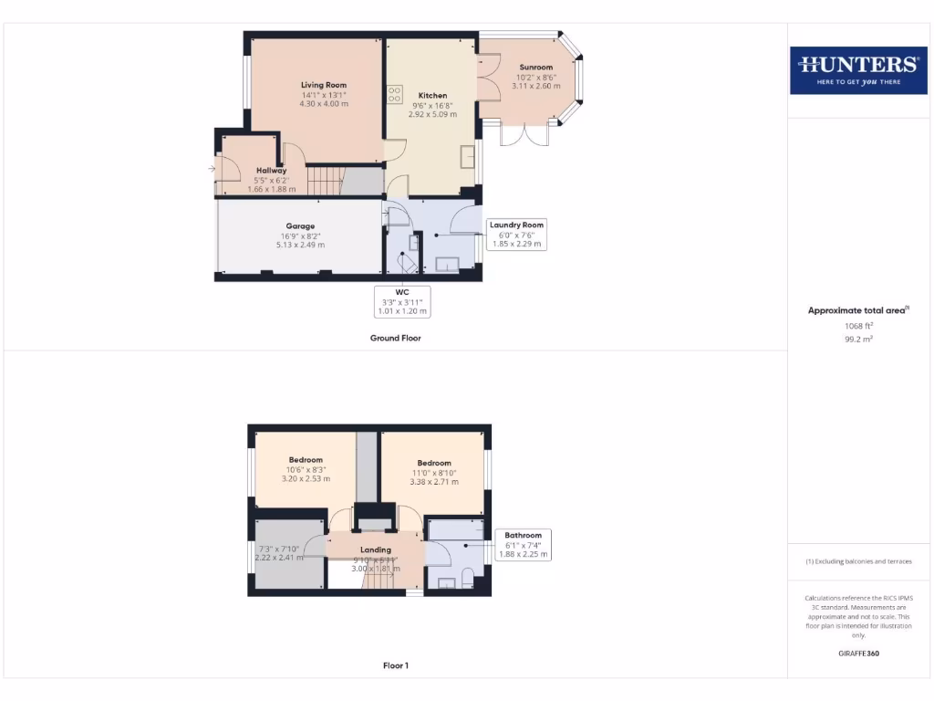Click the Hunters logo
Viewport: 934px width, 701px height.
[x=857, y=69]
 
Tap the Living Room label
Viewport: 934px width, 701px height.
[x=324, y=85]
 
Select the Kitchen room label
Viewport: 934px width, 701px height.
[x=432, y=96]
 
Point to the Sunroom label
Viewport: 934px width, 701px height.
[x=536, y=68]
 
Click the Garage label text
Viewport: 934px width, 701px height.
[x=300, y=226]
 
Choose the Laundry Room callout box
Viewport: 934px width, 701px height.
[x=516, y=234]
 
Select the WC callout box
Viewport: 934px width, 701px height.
[x=402, y=301]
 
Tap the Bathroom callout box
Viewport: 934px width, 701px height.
[x=524, y=544]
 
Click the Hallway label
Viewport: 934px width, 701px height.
[x=271, y=171]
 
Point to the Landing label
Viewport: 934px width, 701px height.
[x=376, y=549]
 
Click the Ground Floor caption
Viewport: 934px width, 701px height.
[x=395, y=338]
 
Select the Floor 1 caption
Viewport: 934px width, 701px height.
[x=395, y=665]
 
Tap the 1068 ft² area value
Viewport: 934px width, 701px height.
[x=857, y=326]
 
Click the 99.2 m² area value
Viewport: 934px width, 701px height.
[x=857, y=338]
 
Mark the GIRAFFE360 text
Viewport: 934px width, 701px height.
[x=857, y=654]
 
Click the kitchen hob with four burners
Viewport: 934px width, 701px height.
[x=395, y=95]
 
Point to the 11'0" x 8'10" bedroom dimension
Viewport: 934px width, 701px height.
[x=433, y=473]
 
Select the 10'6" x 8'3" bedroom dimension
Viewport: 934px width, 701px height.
[x=306, y=470]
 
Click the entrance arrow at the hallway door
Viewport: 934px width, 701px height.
[x=212, y=169]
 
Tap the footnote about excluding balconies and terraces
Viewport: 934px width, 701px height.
[x=857, y=561]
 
